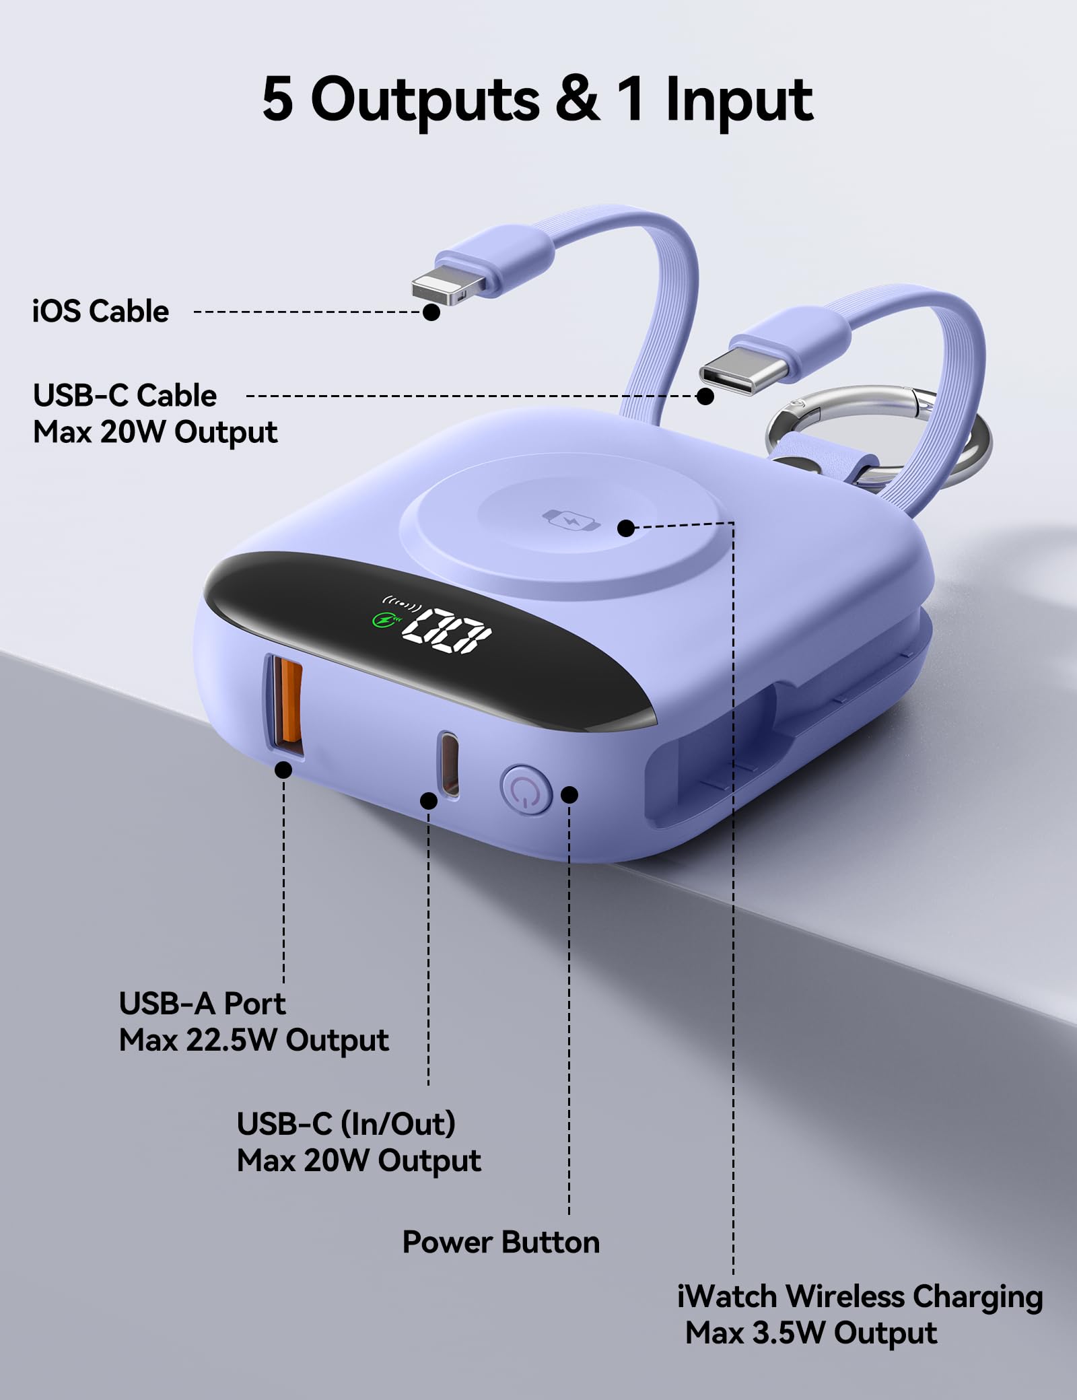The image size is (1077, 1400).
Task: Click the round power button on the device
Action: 526,789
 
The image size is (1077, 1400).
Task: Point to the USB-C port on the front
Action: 449,765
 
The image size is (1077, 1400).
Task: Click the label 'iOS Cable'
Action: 101,311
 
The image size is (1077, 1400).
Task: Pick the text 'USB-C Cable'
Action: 125,396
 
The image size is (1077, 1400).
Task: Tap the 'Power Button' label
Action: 501,1242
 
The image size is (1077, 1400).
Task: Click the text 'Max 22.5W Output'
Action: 254,1041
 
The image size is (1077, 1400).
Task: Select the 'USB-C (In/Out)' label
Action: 346,1125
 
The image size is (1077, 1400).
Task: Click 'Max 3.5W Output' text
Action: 811,1333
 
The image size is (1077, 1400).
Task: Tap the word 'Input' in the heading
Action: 740,100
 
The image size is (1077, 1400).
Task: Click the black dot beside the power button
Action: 569,795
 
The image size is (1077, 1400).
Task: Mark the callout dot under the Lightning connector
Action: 431,312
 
